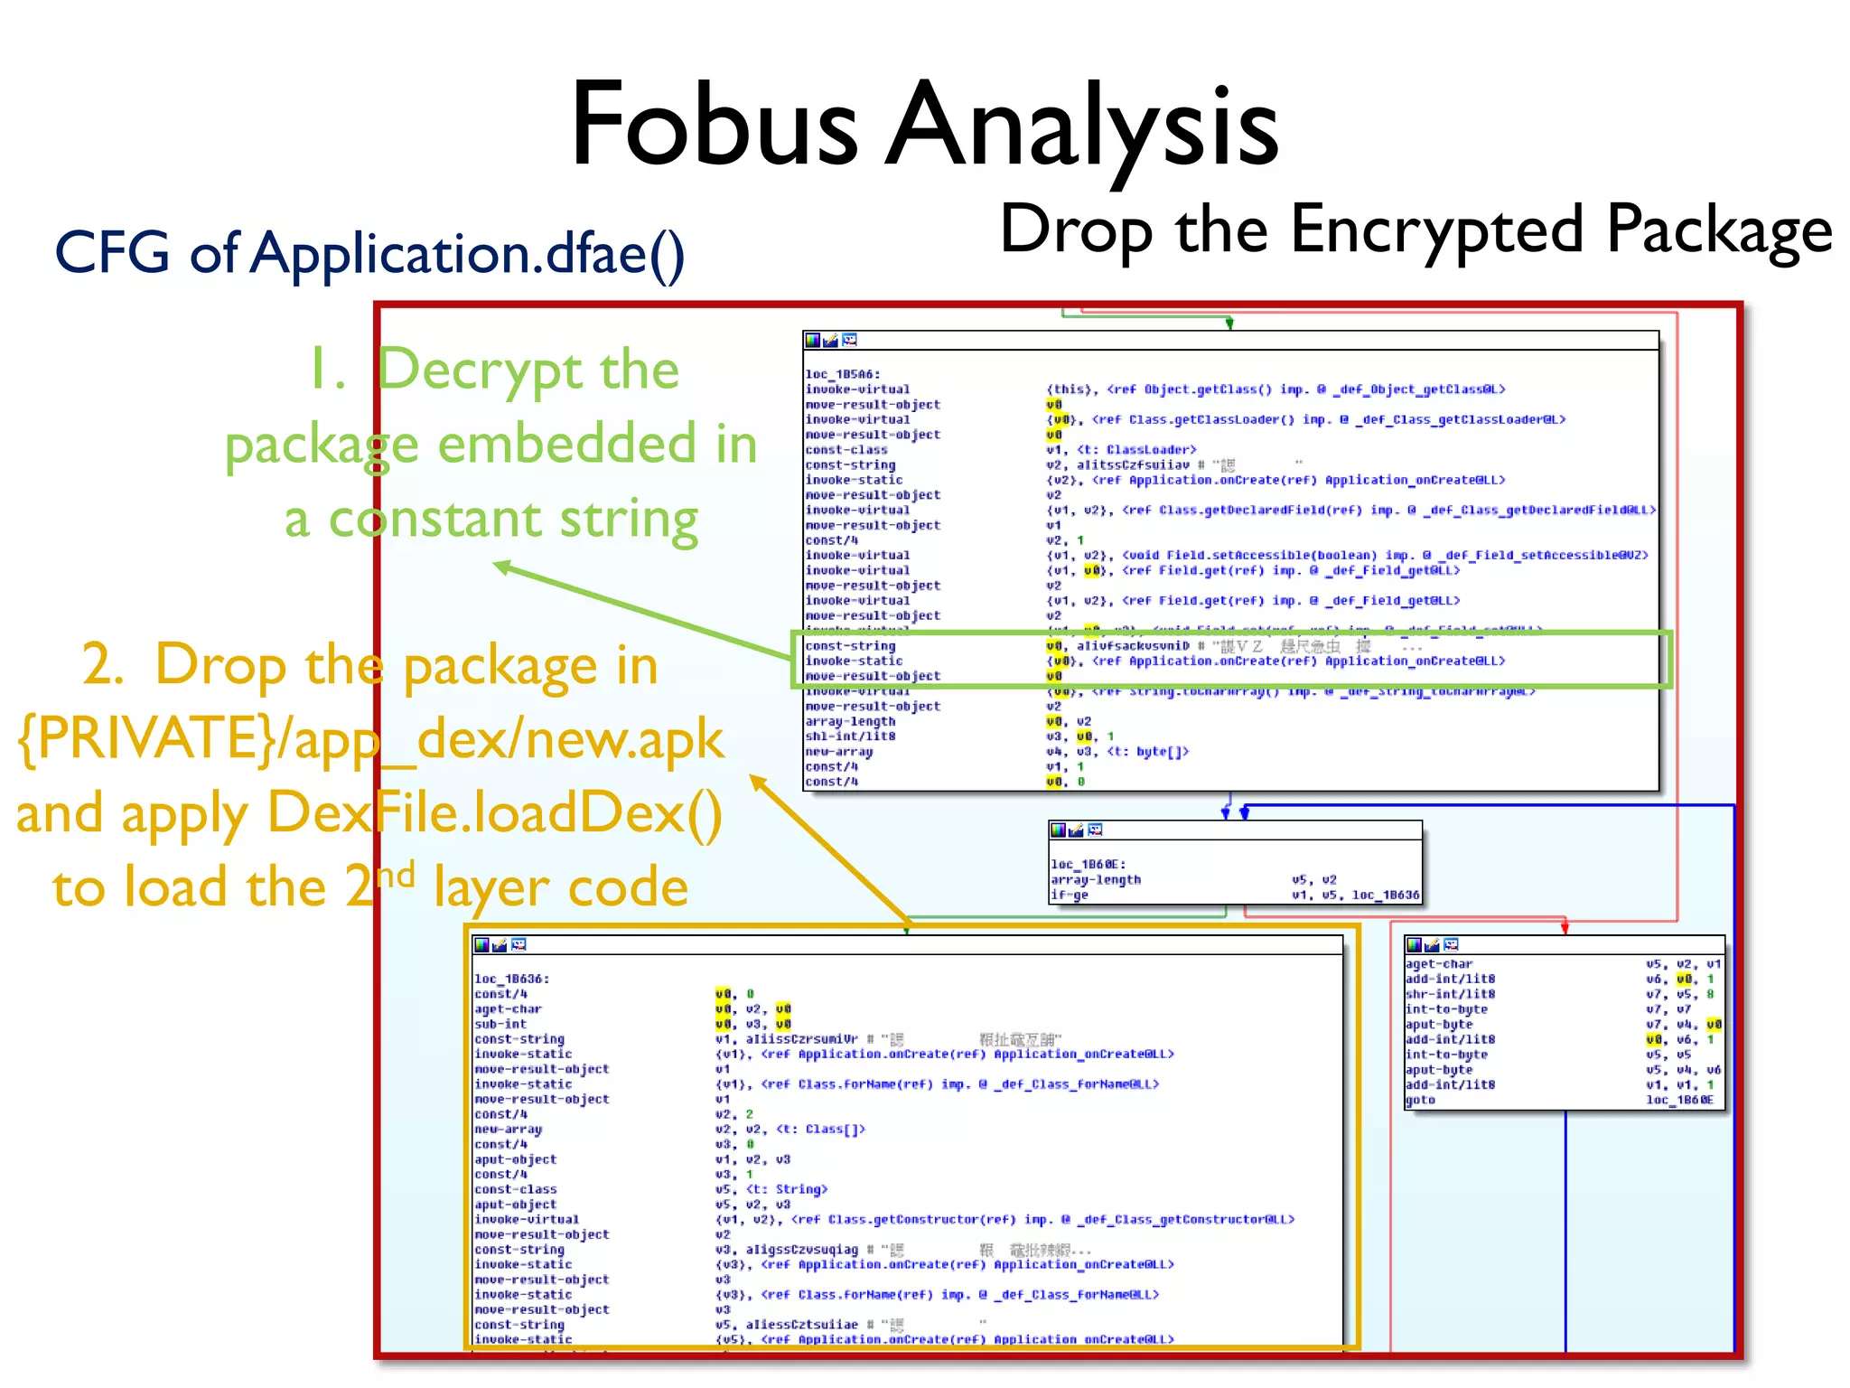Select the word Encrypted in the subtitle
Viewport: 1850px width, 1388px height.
tap(1437, 230)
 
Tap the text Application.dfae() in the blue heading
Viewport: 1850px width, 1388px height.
tap(468, 253)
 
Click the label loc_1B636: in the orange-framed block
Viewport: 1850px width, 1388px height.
tap(511, 979)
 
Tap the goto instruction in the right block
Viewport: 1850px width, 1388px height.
tap(1420, 1100)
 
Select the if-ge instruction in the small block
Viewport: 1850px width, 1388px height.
tap(1069, 895)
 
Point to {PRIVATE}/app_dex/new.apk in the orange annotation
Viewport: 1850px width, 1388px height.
tap(370, 739)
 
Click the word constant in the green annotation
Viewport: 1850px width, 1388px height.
tap(434, 520)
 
